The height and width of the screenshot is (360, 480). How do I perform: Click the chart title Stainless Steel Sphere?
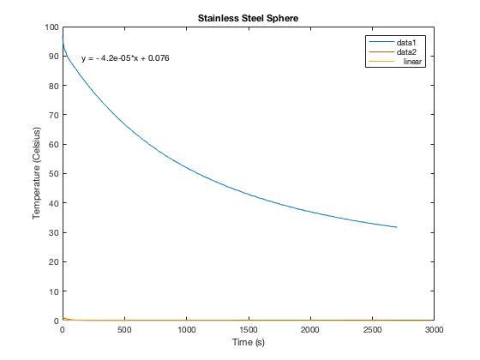click(x=248, y=17)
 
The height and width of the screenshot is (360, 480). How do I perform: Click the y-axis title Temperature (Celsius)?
click(x=37, y=174)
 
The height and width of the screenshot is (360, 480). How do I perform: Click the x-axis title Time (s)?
click(x=248, y=342)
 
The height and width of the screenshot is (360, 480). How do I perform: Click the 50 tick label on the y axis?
click(x=52, y=174)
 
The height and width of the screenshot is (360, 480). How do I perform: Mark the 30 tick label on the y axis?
click(x=52, y=232)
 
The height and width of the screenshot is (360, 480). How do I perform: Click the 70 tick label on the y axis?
click(x=52, y=115)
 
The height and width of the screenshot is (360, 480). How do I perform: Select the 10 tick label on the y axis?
click(x=52, y=291)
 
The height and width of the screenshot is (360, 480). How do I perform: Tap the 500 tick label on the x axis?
click(x=124, y=329)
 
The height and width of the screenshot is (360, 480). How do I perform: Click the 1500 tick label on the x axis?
click(x=248, y=329)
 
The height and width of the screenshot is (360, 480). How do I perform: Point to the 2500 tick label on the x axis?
click(x=372, y=329)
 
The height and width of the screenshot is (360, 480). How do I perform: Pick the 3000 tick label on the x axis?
click(x=434, y=329)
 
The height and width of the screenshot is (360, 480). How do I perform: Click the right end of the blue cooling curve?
click(x=397, y=227)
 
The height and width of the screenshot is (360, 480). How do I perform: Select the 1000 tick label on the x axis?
click(x=186, y=329)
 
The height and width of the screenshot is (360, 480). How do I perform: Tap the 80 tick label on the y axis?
click(x=52, y=86)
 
